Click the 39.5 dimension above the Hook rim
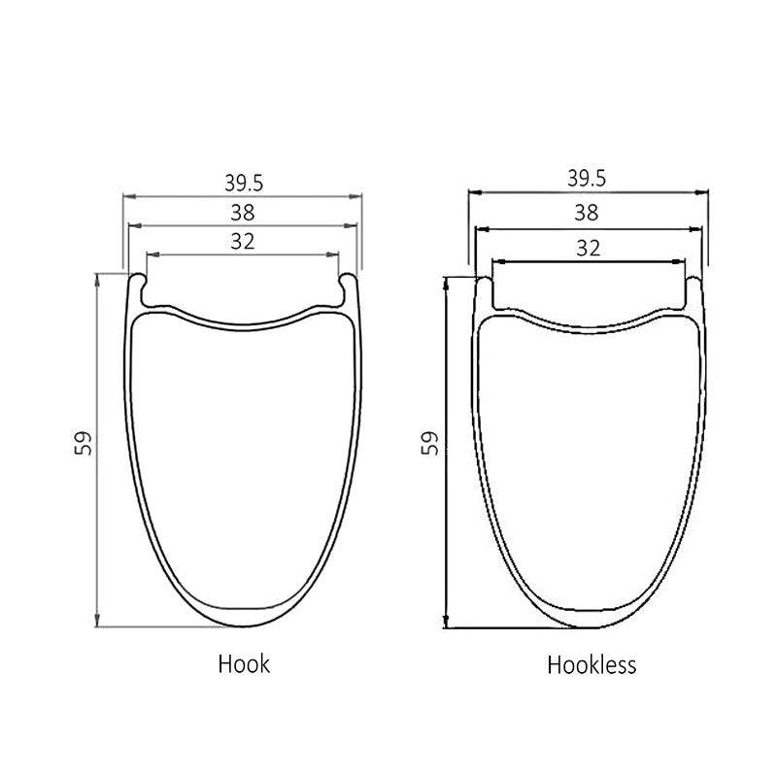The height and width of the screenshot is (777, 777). tap(244, 184)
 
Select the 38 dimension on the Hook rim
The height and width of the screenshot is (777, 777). tap(243, 213)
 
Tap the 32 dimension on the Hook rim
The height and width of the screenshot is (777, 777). tap(243, 241)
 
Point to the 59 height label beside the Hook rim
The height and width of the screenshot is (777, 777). tap(84, 443)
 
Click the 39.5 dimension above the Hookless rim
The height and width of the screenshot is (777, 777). tap(587, 179)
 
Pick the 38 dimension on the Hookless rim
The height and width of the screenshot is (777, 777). tap(587, 213)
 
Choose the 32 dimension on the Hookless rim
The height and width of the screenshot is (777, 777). tap(589, 248)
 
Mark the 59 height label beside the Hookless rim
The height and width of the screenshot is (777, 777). tap(430, 443)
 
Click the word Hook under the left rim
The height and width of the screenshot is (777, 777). tap(244, 664)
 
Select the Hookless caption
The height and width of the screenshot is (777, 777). tap(591, 664)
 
